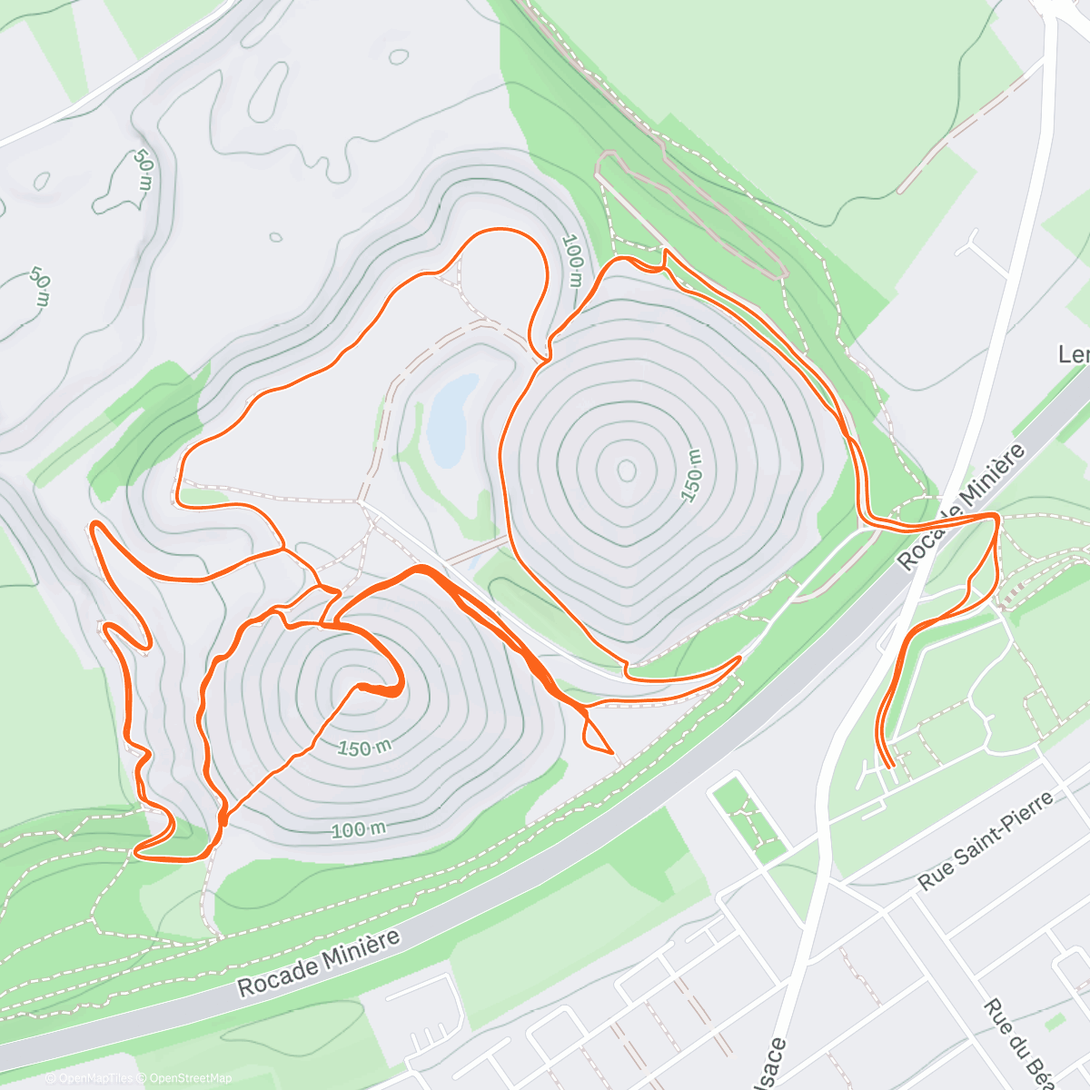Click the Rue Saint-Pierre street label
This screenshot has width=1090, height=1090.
[986, 840]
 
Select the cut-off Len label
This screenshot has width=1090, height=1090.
[1074, 353]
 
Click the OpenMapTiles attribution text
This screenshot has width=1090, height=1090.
[95, 1078]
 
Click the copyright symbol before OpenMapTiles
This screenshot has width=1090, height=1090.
[52, 1078]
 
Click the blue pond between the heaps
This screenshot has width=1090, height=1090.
[450, 419]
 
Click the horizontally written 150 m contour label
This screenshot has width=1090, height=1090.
[365, 748]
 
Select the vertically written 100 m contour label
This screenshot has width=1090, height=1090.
[572, 261]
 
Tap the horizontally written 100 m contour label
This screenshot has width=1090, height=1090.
[359, 829]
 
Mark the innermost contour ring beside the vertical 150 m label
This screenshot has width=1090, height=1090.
[627, 470]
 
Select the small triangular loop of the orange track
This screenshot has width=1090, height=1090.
[595, 733]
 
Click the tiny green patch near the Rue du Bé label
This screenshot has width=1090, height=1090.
[1054, 1022]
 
